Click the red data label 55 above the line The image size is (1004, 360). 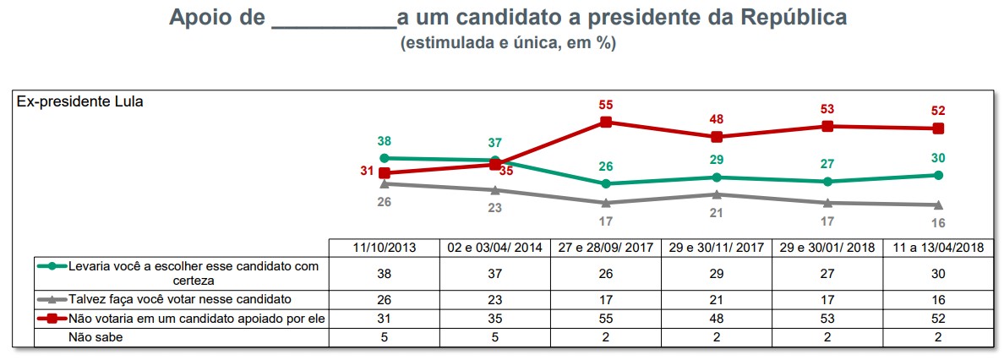tap(605, 105)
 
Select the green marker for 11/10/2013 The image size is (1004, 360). tap(385, 158)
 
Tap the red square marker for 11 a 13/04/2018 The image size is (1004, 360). tap(938, 128)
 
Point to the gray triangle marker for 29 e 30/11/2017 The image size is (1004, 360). tap(717, 194)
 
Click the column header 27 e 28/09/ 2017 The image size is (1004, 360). tap(605, 247)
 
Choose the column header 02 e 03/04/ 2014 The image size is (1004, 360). tap(494, 247)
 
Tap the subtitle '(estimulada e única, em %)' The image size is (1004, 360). tap(508, 44)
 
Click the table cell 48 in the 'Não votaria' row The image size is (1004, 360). tap(717, 318)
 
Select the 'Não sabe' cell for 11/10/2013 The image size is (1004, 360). tap(384, 336)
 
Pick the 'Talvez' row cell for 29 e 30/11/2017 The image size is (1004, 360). tap(717, 298)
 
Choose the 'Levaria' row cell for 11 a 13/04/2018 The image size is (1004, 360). tap(938, 272)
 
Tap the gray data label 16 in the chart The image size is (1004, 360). tap(938, 223)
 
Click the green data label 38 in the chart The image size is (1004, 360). tap(385, 141)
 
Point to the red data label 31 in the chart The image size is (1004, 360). tap(367, 171)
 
